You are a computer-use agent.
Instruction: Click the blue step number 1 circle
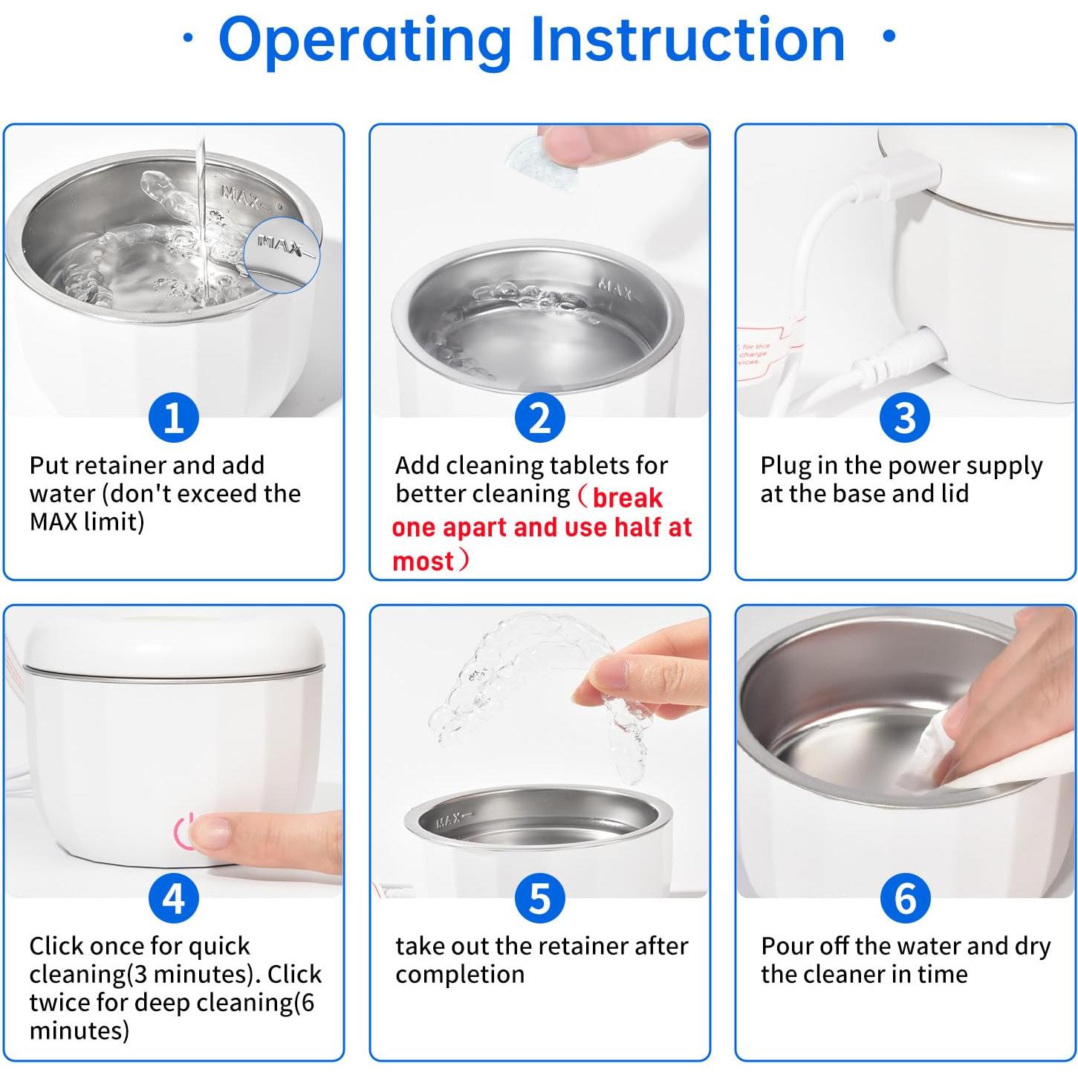[x=173, y=418]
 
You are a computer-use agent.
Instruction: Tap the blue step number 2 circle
[x=539, y=418]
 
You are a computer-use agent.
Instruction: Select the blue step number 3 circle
[x=905, y=418]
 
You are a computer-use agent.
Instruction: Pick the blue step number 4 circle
[x=173, y=898]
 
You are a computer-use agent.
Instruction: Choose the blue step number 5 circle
[x=539, y=898]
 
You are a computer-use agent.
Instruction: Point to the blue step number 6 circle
[x=905, y=898]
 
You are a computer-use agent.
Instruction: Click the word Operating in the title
[x=365, y=42]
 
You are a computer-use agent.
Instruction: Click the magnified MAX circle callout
[x=282, y=255]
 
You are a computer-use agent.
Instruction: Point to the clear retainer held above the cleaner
[x=537, y=699]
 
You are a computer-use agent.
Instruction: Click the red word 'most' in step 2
[x=423, y=561]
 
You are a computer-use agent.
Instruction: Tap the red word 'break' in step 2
[x=627, y=497]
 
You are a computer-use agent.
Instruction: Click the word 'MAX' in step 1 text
[x=53, y=522]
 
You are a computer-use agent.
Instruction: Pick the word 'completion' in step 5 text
[x=460, y=975]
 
